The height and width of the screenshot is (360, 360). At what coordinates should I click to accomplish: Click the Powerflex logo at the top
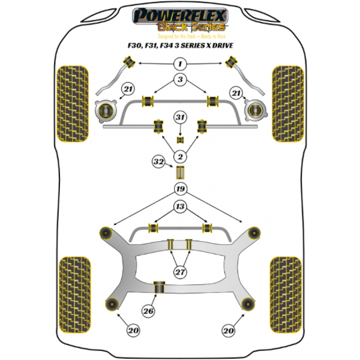tap(180, 13)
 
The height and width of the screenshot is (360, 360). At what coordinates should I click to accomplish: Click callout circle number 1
tap(180, 64)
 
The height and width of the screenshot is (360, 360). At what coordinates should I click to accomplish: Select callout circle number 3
tap(180, 80)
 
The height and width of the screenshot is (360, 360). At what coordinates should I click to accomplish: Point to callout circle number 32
tap(159, 161)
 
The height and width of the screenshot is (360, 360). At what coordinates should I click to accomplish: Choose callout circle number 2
tap(180, 157)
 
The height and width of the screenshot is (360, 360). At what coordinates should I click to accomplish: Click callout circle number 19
tap(180, 190)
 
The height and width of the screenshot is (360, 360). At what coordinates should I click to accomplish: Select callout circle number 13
tap(180, 207)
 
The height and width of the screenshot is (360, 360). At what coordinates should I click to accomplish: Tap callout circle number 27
tap(180, 272)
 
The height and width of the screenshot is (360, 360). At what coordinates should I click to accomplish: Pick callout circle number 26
tap(148, 310)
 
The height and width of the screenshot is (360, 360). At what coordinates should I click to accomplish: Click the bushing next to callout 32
tap(179, 173)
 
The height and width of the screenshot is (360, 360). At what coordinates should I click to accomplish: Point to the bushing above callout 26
tap(161, 287)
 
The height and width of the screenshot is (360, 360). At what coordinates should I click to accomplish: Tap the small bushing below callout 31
tap(179, 140)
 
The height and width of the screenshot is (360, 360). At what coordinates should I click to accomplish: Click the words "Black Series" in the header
tap(191, 27)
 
